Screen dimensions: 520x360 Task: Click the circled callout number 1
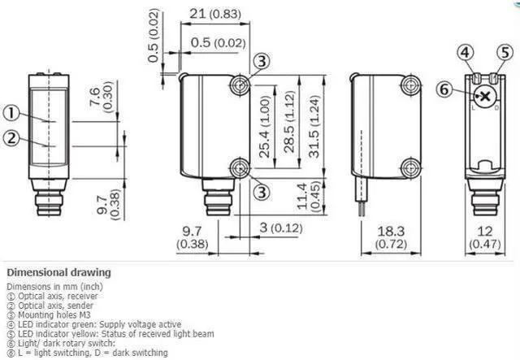click(11, 114)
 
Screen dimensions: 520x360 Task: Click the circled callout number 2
click(11, 137)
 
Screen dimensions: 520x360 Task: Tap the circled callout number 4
click(466, 53)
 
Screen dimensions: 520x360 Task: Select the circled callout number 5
click(505, 53)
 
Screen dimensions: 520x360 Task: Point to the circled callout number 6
click(444, 89)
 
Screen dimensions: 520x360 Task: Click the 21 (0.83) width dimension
click(215, 14)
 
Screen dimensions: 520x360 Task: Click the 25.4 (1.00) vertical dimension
click(266, 127)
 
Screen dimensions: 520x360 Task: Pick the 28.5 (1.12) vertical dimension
click(289, 122)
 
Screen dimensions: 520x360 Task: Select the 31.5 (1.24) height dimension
click(314, 127)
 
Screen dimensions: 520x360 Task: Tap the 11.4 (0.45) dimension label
click(309, 196)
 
